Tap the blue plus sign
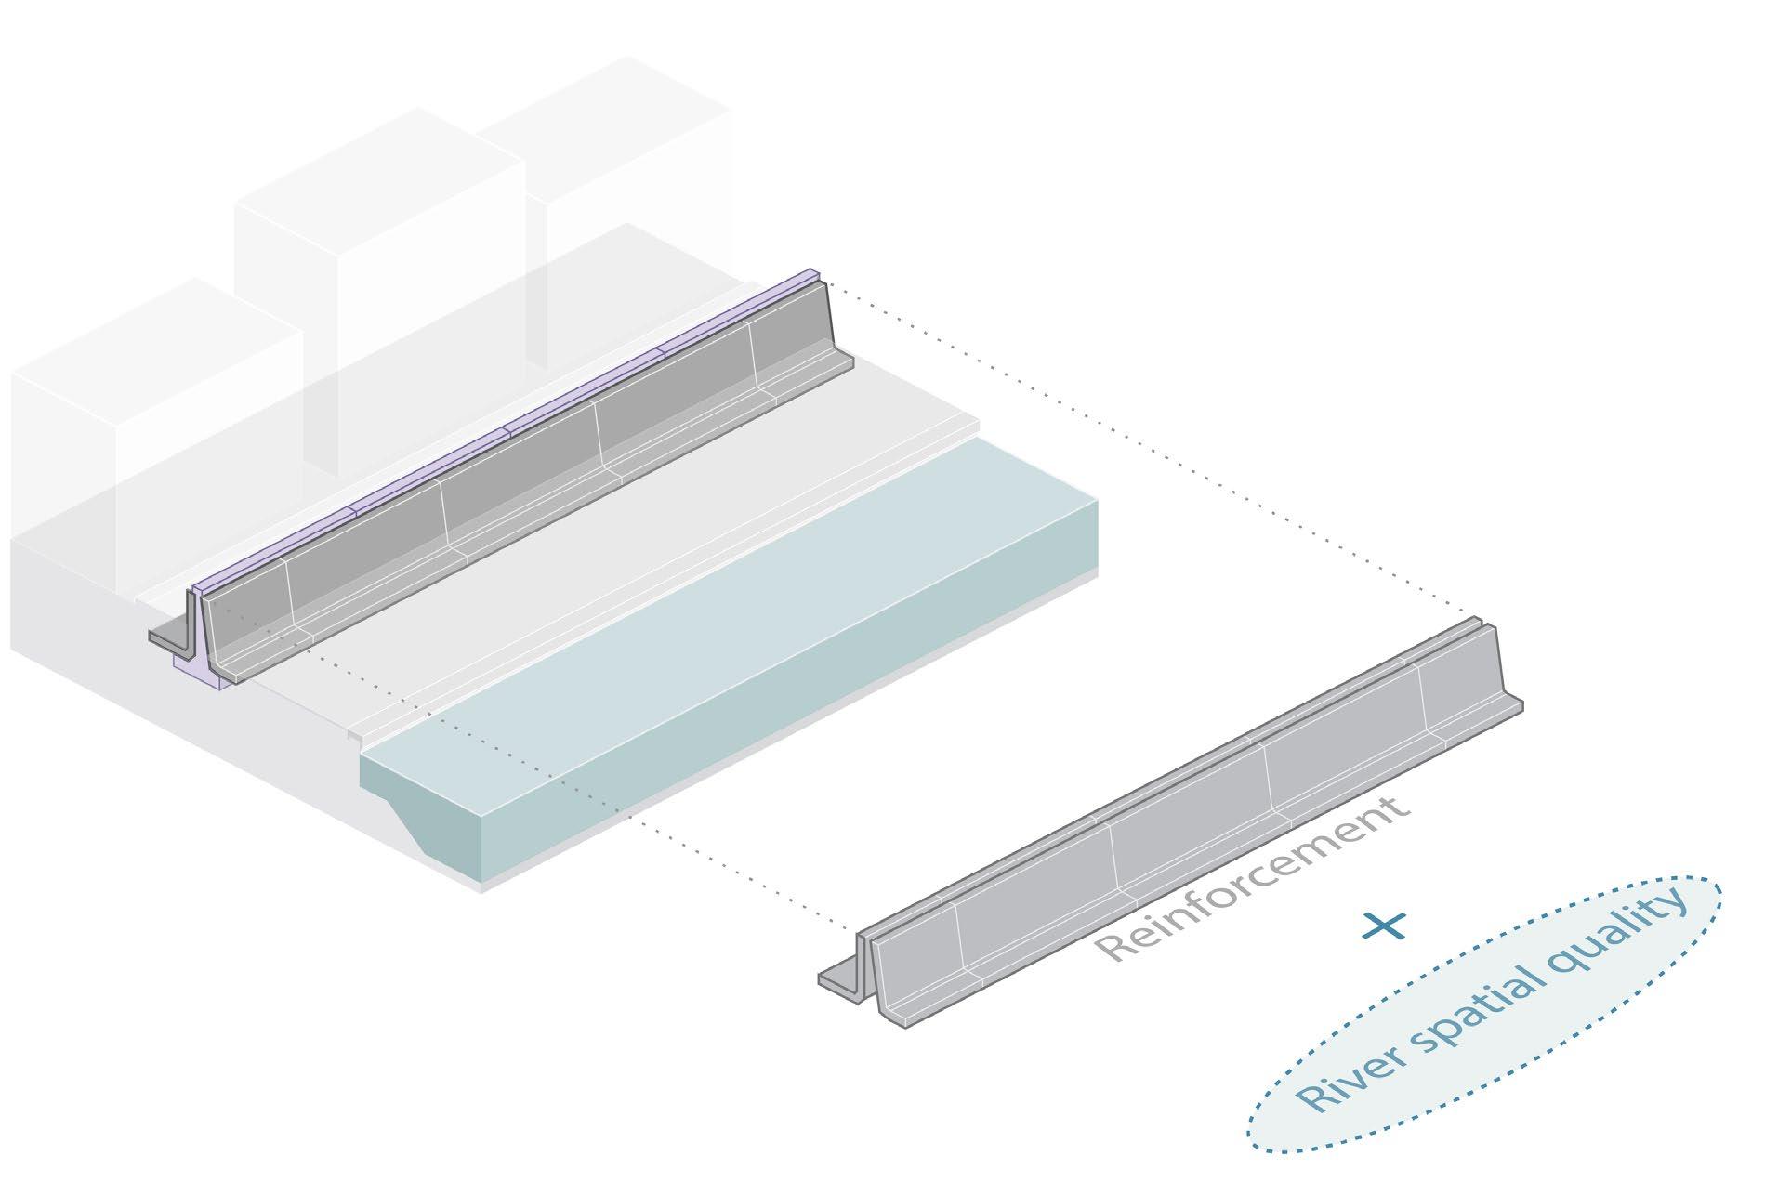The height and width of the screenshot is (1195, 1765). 1383,925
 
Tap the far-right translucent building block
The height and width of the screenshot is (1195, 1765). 632,167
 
